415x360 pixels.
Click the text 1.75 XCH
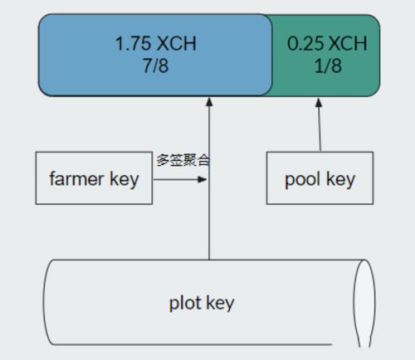(x=156, y=43)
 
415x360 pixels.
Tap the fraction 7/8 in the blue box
(x=155, y=66)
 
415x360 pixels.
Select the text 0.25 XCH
(x=327, y=43)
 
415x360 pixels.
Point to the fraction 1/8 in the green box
(x=328, y=66)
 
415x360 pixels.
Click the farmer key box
(x=94, y=178)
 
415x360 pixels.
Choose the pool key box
(x=320, y=178)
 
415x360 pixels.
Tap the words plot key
(x=202, y=304)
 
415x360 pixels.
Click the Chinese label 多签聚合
(x=183, y=161)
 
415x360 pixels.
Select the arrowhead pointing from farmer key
(x=203, y=179)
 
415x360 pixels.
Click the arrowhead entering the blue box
(x=209, y=102)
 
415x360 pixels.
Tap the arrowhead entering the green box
(x=319, y=102)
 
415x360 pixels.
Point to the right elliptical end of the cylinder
(x=364, y=303)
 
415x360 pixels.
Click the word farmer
(x=77, y=178)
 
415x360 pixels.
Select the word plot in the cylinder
(x=185, y=303)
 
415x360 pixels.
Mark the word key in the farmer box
(x=124, y=180)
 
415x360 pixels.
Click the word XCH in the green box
(x=349, y=43)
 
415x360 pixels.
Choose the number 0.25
(x=306, y=43)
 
